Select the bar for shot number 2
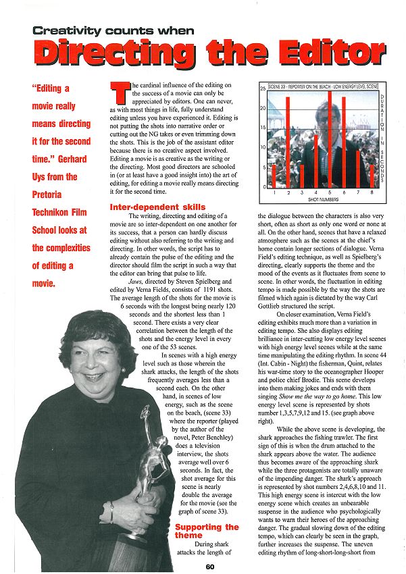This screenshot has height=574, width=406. (288, 142)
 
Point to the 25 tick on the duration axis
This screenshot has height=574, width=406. (263, 89)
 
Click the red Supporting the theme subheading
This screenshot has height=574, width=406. (207, 531)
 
